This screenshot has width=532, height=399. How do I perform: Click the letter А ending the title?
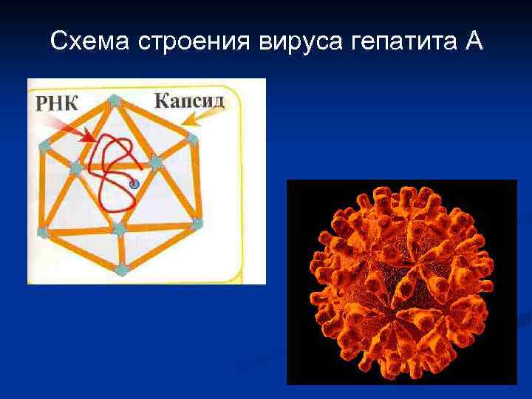coord(473,41)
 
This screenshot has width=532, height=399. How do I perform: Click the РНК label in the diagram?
coord(56,103)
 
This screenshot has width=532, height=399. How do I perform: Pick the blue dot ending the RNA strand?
coord(134,185)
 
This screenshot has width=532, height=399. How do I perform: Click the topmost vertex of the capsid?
coord(114,100)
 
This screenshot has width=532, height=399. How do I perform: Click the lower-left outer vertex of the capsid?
coord(43,232)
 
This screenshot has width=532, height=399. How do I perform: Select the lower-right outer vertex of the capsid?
coord(197,222)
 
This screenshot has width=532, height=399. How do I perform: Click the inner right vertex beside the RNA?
coord(155,162)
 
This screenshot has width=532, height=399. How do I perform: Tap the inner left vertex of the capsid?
coord(75,168)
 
